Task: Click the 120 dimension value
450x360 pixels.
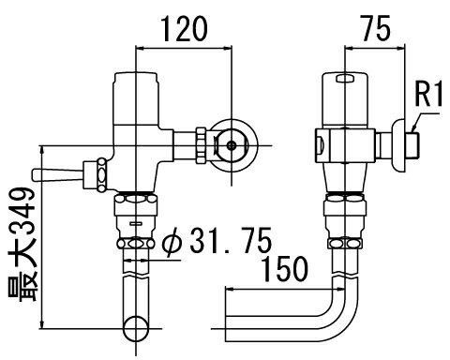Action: point(184,29)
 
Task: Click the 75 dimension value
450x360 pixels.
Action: point(376,28)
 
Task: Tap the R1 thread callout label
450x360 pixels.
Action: point(428,94)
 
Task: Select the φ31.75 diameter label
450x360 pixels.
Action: point(217,241)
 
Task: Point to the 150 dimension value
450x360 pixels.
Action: point(284,269)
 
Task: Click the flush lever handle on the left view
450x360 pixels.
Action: point(57,175)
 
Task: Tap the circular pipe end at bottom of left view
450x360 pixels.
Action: point(136,329)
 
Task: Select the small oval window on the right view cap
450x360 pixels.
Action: point(345,79)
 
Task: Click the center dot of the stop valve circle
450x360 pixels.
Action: point(232,145)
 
